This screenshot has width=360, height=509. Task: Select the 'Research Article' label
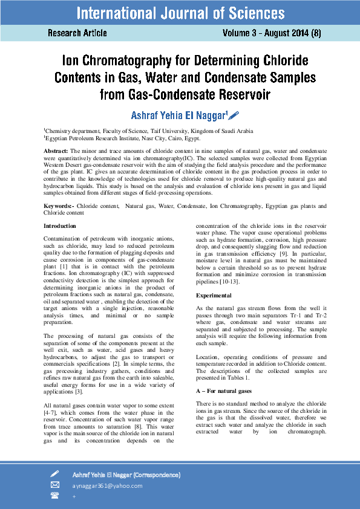[x=77, y=33]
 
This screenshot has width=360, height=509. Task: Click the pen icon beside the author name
[x=234, y=115]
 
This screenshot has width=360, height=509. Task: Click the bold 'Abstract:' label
[x=56, y=149]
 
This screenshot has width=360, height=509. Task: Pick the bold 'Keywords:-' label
[x=59, y=206]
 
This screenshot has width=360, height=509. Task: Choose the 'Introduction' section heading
[x=60, y=226]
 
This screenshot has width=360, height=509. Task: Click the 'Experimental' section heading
[x=214, y=295]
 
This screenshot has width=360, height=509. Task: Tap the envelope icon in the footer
[x=54, y=485]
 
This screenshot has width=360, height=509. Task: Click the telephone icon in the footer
[x=54, y=495]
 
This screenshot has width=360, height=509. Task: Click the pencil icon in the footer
[x=54, y=474]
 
